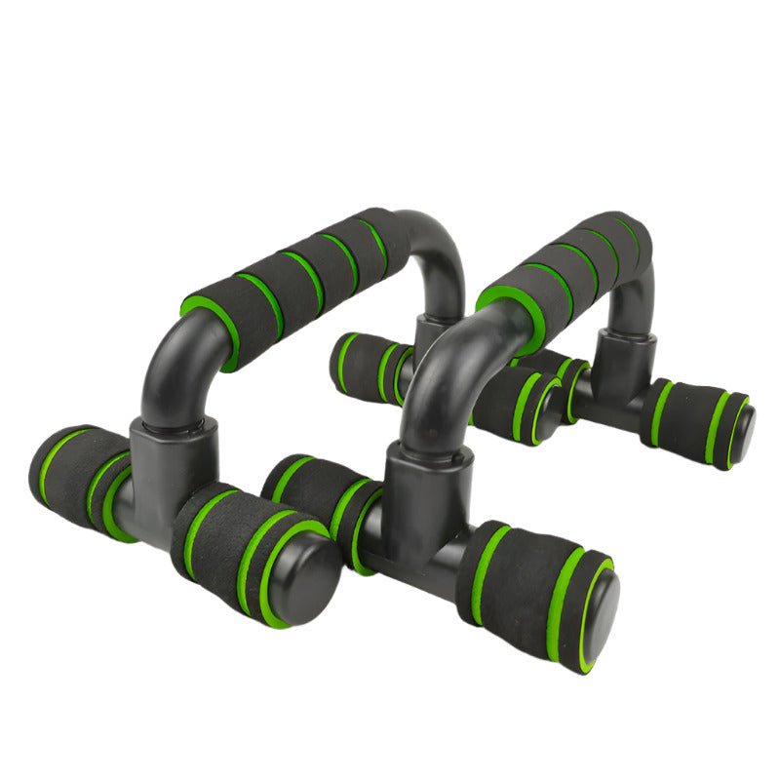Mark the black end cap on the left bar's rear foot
(549, 409)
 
